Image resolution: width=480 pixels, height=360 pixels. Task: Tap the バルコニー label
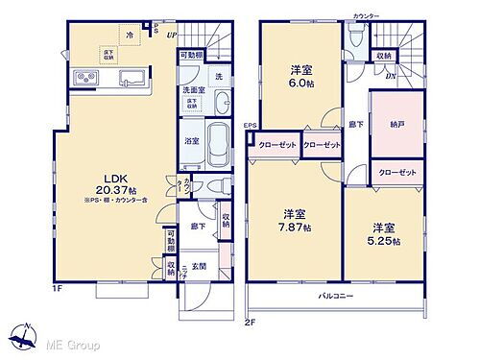click(x=336, y=296)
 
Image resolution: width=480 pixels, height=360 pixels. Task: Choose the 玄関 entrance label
click(x=199, y=266)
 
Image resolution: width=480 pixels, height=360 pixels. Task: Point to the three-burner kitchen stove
click(x=78, y=78)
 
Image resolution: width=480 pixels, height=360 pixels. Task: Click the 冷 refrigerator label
click(x=130, y=35)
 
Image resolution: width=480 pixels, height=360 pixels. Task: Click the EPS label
click(x=249, y=126)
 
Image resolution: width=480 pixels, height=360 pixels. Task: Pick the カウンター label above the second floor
click(x=366, y=16)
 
